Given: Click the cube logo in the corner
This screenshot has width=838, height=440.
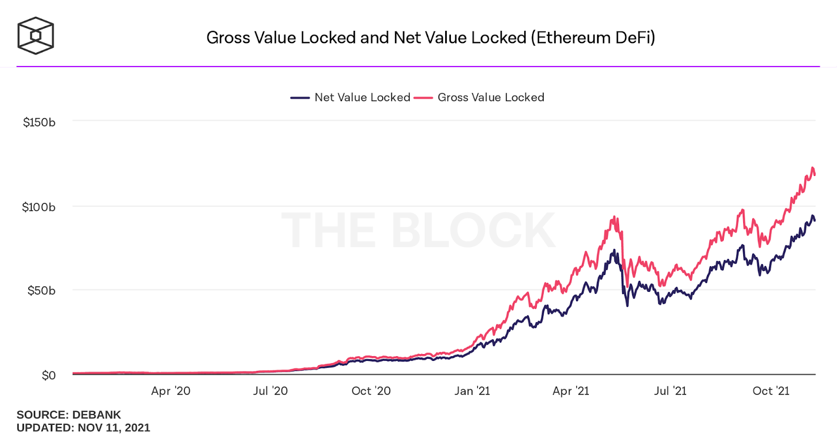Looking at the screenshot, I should (x=36, y=36).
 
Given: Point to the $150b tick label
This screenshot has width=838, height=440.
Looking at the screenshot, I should (x=39, y=123).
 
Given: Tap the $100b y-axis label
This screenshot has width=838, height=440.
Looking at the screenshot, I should (x=39, y=207).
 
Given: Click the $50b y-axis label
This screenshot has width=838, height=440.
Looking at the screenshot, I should (x=41, y=291).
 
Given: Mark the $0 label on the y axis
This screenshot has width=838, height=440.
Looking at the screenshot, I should (x=49, y=376).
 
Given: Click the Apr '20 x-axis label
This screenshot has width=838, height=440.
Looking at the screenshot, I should (x=171, y=391).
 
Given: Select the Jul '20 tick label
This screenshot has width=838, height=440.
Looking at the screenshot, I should (x=270, y=391).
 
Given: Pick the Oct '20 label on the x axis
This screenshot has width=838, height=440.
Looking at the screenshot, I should (x=371, y=391).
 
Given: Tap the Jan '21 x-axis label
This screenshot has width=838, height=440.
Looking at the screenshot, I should (x=472, y=391).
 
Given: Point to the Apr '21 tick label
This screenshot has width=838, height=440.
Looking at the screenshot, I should (x=571, y=391).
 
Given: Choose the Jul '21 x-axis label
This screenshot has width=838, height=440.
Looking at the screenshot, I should (x=670, y=391).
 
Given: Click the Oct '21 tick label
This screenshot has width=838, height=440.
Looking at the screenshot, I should (x=770, y=391).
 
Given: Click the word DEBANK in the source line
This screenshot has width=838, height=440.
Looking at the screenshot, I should (x=97, y=415).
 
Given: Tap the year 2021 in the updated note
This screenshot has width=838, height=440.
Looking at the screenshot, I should (x=138, y=428).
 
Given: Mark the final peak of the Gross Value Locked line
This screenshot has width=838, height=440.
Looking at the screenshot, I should (x=812, y=168).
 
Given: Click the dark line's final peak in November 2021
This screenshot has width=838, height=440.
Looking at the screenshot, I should (x=812, y=216).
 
